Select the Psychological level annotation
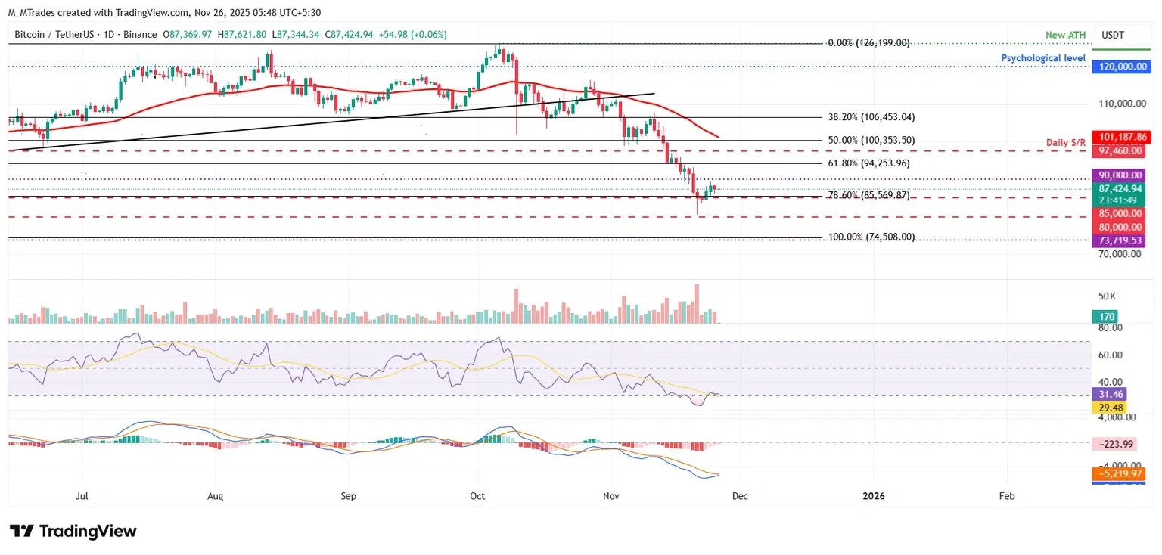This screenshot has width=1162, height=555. point(1043,58)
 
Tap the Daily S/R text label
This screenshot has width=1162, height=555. point(1065,144)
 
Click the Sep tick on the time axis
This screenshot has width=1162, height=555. point(348,496)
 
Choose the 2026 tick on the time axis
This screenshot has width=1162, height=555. point(874,496)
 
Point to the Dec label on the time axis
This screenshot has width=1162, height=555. point(741,496)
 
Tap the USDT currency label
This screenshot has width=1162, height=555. point(1112,34)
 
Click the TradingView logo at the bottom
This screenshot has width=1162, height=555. point(73,532)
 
